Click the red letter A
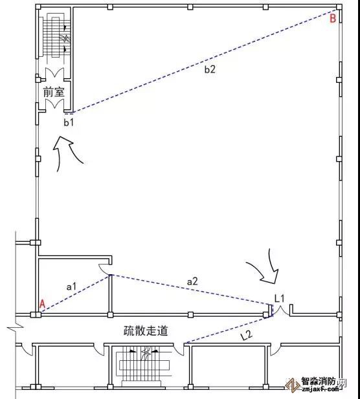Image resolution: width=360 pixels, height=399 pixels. pyautogui.click(x=43, y=305)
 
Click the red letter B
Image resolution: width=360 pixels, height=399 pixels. pyautogui.click(x=333, y=19)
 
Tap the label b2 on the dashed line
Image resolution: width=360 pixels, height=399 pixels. pyautogui.click(x=210, y=69)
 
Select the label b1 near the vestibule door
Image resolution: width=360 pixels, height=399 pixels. pyautogui.click(x=69, y=122)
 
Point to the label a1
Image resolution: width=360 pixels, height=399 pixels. pyautogui.click(x=71, y=286)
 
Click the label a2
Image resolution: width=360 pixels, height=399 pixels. pyautogui.click(x=192, y=282)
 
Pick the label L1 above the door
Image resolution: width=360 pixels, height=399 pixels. pyautogui.click(x=280, y=298)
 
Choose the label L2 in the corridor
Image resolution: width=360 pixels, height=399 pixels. pyautogui.click(x=247, y=336)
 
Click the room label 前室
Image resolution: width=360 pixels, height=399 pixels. pyautogui.click(x=54, y=92)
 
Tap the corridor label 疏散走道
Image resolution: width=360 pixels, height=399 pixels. pyautogui.click(x=146, y=331)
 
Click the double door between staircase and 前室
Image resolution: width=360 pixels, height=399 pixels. pyautogui.click(x=54, y=73)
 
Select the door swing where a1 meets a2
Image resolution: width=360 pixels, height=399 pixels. pyautogui.click(x=104, y=269)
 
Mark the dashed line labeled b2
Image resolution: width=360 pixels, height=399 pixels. pyautogui.click(x=205, y=61)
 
